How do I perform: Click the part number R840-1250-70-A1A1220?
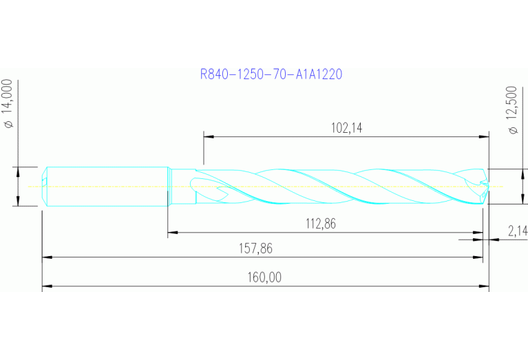[271, 74]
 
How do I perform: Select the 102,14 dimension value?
[346, 127]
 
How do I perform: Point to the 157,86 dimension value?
[256, 248]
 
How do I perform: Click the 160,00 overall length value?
[265, 277]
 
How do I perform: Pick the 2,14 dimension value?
[517, 231]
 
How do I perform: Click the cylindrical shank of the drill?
[107, 186]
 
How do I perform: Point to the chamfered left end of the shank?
[45, 186]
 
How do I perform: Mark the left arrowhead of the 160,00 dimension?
[45, 285]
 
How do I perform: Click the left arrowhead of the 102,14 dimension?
[207, 136]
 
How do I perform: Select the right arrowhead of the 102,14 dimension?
[485, 136]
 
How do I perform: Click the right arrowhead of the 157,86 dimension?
[480, 257]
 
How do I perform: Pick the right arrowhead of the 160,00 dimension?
[485, 285]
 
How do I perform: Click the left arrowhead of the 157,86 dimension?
[45, 257]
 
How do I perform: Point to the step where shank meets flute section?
[169, 186]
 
